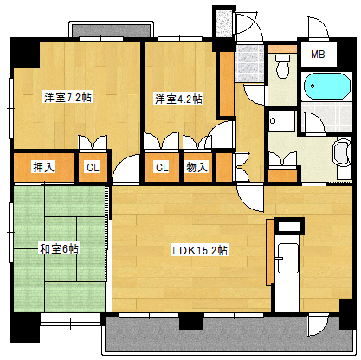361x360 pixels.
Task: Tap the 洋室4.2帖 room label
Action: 179,98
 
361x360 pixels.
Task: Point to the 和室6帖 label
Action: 59,248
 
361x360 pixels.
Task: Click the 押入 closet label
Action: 44,167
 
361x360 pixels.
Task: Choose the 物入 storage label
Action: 197,167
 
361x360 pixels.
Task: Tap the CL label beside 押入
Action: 92,167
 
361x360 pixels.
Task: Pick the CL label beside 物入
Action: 162,167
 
